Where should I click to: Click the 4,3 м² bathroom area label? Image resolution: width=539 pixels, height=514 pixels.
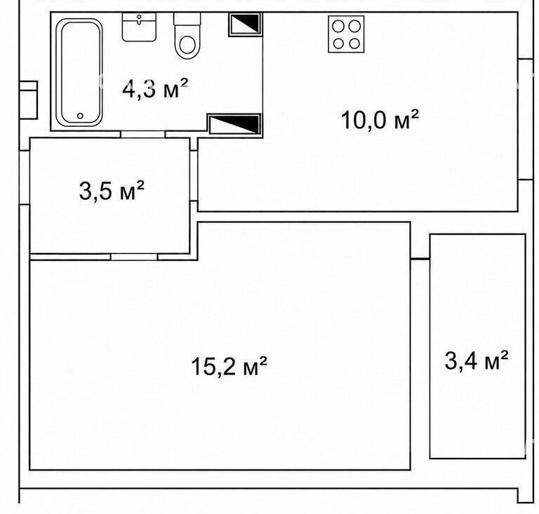point(155,88)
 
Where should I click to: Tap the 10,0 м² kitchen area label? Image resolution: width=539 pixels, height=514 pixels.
point(380,119)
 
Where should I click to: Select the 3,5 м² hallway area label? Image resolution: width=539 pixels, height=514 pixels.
point(112,191)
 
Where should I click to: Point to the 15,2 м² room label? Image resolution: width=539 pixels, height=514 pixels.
point(229,365)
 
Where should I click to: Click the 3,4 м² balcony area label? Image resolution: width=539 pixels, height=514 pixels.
point(477,360)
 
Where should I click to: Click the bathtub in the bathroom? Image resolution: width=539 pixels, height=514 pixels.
point(79,72)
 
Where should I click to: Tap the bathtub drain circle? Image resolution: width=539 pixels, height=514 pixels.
point(80,116)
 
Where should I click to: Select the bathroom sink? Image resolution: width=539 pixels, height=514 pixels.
point(139,27)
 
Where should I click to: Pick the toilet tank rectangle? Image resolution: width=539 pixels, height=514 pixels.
point(187,19)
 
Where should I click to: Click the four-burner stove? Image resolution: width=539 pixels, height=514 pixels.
point(346,34)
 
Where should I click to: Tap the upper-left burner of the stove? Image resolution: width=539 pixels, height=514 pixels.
point(338,26)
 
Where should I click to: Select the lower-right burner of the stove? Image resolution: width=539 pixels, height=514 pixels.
point(354,43)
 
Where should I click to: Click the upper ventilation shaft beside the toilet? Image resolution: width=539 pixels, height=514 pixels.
point(245,24)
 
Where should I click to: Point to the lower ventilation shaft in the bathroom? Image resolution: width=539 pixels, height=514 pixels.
point(234,124)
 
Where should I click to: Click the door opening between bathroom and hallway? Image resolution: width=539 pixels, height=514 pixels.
point(142,134)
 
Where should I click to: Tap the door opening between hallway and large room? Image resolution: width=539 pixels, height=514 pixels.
point(134,257)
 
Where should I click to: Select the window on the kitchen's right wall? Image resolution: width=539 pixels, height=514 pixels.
point(525,119)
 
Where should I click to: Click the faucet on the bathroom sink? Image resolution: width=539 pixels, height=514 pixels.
point(139,19)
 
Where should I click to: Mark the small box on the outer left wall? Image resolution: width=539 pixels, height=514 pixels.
point(28,100)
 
